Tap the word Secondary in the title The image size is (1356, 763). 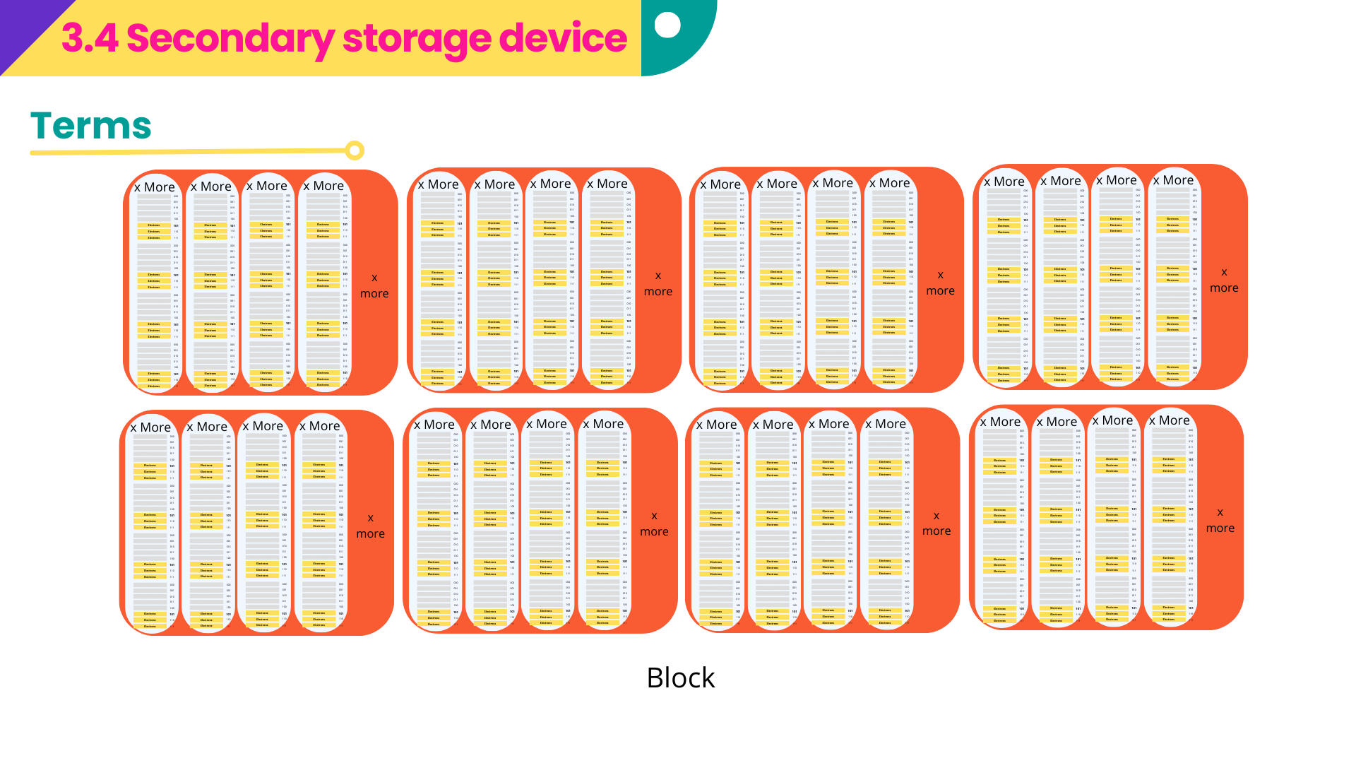point(230,38)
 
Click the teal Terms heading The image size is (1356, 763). point(91,126)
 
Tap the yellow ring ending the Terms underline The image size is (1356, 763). point(355,150)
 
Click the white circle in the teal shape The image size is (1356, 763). point(667,25)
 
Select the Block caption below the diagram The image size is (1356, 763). point(681,678)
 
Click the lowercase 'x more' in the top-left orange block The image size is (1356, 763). point(374,285)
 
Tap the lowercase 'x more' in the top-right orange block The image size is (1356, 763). point(1224,280)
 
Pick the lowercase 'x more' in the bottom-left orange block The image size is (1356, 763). point(371,526)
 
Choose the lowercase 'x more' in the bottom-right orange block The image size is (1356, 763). point(1220,520)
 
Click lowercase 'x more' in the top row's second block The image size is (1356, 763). point(658,283)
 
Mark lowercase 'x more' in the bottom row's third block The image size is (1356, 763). point(936,523)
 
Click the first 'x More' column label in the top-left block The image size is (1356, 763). point(155,187)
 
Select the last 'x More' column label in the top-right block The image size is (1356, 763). point(1173,180)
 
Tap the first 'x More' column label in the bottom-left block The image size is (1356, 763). point(150,427)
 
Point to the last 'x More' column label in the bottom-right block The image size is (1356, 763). point(1169,420)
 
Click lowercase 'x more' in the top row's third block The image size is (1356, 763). point(941,283)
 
